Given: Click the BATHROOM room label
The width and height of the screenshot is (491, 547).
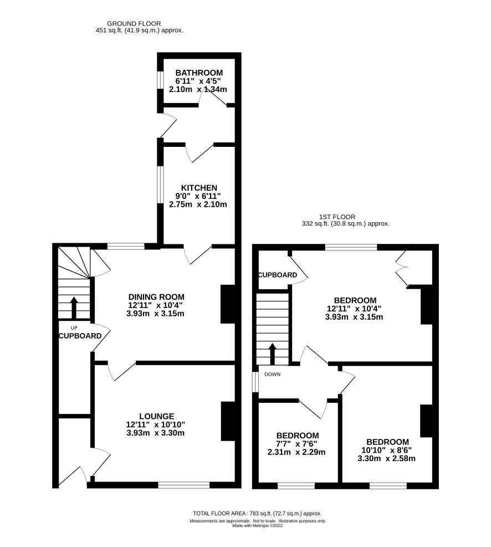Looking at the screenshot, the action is click(199, 73).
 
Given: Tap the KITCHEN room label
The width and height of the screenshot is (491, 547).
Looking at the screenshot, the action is click(199, 188).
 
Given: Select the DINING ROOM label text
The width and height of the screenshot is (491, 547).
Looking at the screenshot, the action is click(156, 297).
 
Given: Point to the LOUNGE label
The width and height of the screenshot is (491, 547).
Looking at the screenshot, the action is click(157, 416).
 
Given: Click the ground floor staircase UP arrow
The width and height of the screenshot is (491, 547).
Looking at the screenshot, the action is click(74, 308).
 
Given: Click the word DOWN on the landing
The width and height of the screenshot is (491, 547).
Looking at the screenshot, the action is click(272, 374).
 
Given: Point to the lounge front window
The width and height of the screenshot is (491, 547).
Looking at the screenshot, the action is click(184, 485).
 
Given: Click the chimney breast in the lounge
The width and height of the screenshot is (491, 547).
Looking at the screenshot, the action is click(228, 421).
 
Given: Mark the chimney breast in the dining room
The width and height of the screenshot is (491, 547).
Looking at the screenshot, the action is click(228, 304).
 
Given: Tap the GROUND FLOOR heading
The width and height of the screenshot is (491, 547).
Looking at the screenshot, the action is click(134, 24).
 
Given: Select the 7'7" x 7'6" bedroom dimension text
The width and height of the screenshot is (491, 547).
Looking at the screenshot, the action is click(297, 444).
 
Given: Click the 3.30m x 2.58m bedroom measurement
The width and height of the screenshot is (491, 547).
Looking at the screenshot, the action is click(386, 458).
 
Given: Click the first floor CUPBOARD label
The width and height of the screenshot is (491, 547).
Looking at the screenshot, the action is click(278, 275).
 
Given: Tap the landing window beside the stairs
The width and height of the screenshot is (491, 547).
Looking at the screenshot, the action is click(255, 382).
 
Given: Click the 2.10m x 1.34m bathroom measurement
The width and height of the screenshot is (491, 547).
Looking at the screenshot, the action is click(198, 89).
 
